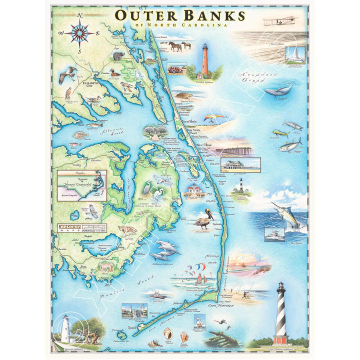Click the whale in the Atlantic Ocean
point(278,91)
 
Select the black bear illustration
point(118,56)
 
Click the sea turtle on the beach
point(182,94)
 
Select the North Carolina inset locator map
point(81,185)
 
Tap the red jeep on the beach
point(175,68)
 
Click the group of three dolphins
point(165,248)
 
